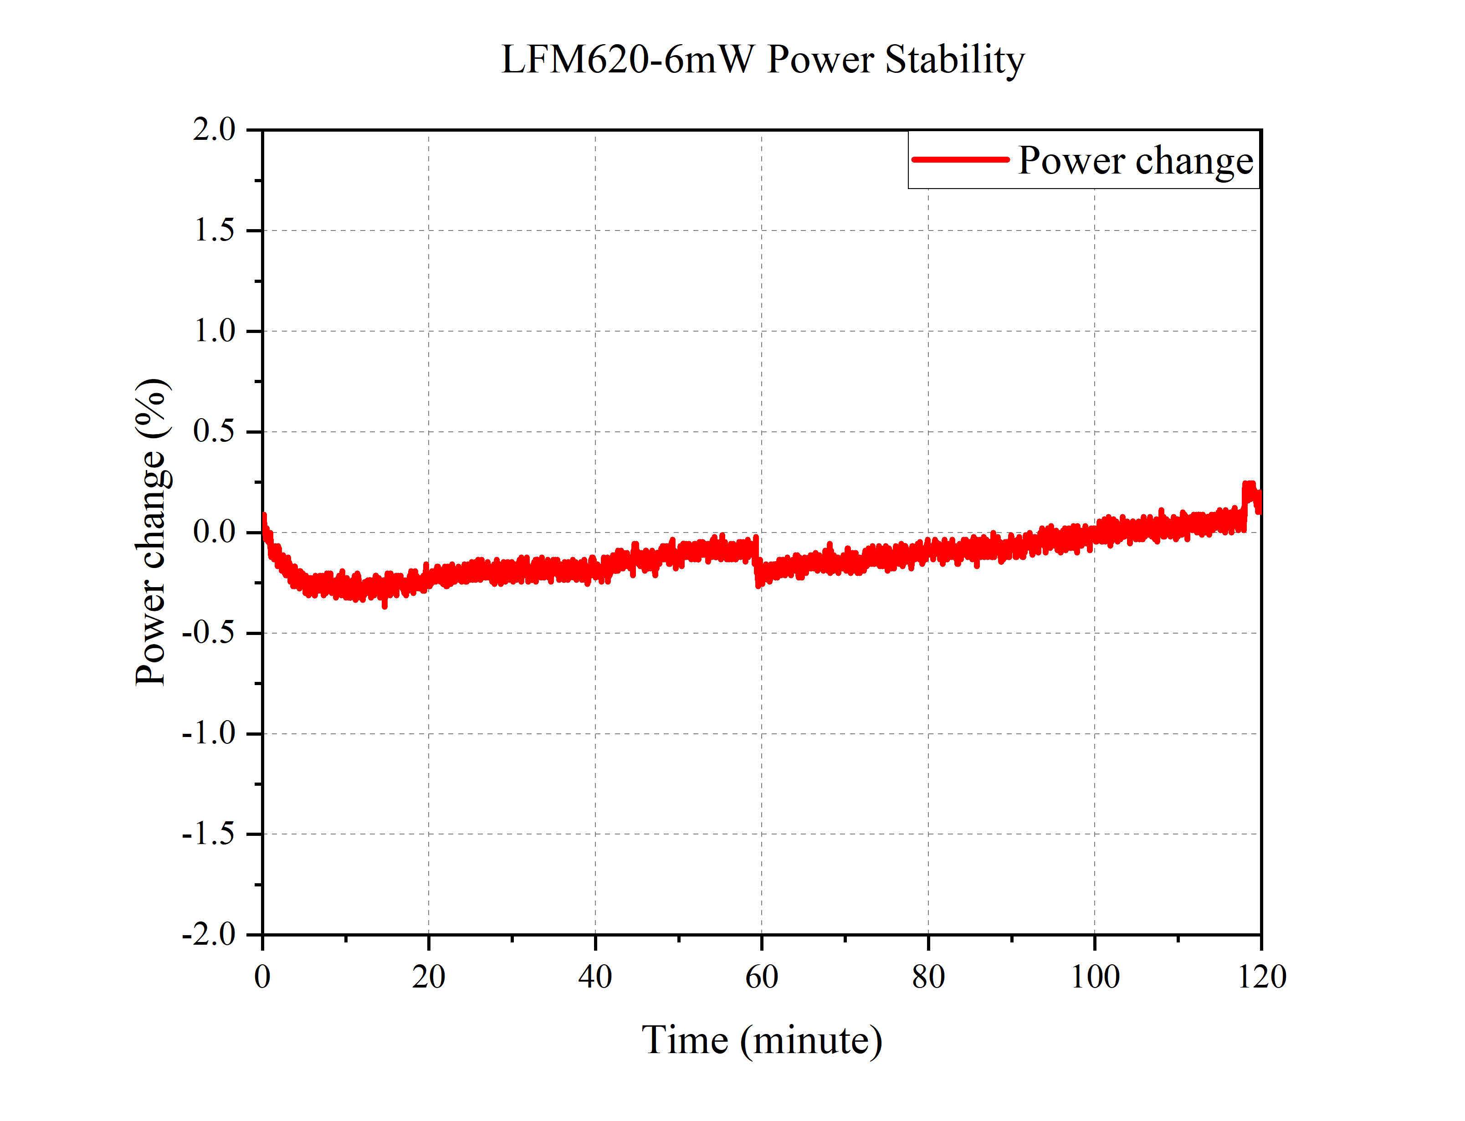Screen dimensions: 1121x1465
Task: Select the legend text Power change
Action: point(1136,161)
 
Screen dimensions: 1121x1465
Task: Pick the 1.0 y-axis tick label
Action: point(214,331)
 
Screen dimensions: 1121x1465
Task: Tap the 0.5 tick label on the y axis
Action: point(214,432)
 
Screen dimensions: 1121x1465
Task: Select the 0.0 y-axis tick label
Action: point(214,532)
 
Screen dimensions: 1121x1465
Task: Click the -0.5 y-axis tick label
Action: point(208,633)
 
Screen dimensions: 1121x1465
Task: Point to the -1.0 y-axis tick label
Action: point(208,734)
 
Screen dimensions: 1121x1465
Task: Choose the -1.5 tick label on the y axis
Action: point(208,834)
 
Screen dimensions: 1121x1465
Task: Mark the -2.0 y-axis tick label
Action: point(208,935)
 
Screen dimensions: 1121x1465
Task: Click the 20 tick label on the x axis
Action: point(428,978)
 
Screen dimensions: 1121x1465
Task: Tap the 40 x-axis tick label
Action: point(595,978)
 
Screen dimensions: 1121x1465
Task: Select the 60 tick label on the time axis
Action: point(761,978)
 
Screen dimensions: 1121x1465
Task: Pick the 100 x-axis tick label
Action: point(1095,978)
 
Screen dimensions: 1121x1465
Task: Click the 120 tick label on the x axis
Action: point(1261,978)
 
